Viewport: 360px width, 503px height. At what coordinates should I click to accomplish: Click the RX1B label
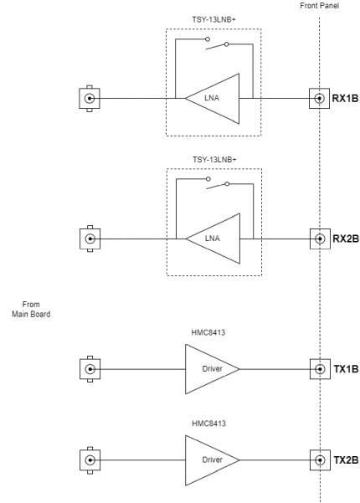click(346, 98)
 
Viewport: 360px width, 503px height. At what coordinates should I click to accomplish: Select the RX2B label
click(346, 238)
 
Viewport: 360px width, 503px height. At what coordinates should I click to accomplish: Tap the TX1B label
click(346, 368)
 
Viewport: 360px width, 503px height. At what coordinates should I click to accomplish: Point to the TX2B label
click(346, 459)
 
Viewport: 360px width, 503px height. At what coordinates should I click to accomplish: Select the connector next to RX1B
click(319, 98)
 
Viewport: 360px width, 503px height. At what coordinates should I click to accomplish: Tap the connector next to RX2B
click(319, 238)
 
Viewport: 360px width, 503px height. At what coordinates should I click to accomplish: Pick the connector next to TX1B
click(319, 368)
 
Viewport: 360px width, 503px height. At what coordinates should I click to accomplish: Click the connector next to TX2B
click(319, 459)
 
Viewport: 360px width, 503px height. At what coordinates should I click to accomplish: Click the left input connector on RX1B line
click(89, 98)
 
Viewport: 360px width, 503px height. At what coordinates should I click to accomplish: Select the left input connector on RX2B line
click(89, 238)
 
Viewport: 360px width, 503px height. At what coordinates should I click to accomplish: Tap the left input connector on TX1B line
click(89, 368)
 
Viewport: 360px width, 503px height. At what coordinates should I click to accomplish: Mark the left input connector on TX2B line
click(89, 459)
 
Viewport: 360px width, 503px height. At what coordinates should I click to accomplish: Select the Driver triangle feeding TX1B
click(210, 368)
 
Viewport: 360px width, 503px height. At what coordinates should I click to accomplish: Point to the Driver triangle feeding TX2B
click(210, 459)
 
